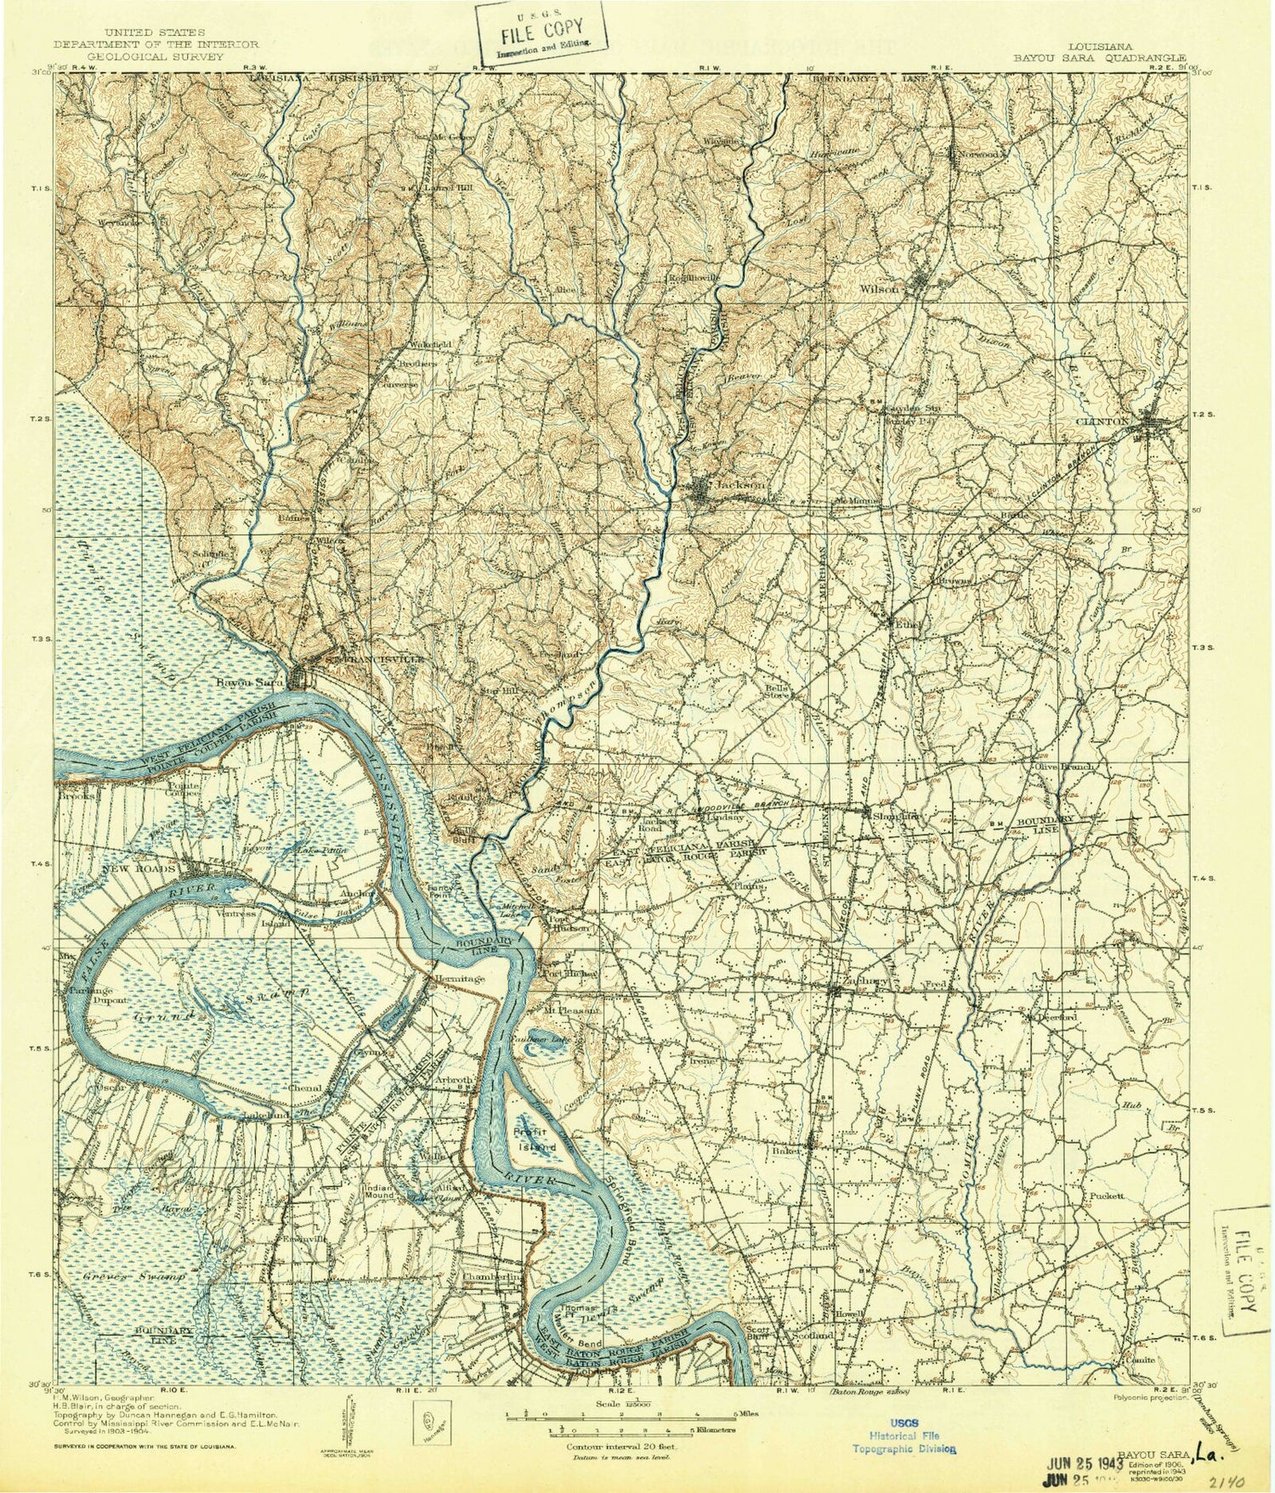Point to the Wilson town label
pos(879,289)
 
